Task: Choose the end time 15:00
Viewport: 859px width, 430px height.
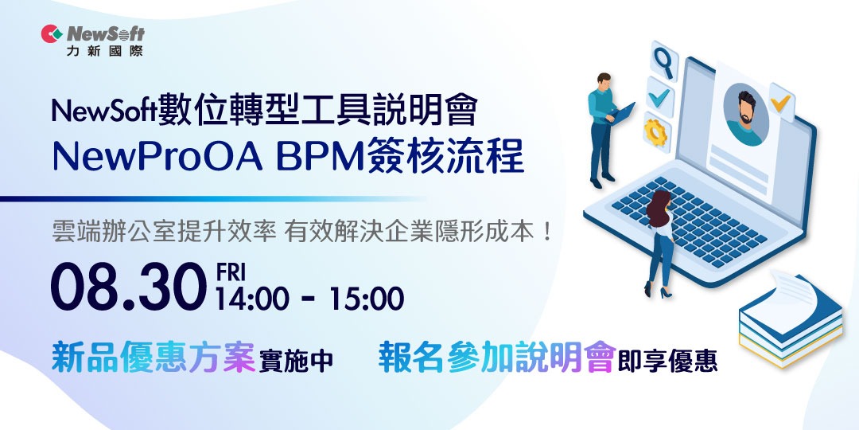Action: (x=367, y=299)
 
